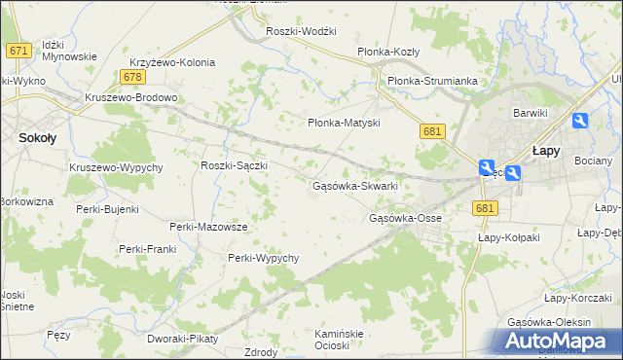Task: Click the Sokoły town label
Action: click(x=36, y=138)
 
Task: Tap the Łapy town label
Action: click(x=543, y=151)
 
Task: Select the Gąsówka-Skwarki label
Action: click(x=354, y=185)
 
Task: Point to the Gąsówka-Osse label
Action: click(x=405, y=218)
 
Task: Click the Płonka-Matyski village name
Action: click(x=343, y=124)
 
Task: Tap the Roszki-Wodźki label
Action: click(x=301, y=31)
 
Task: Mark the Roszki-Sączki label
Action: click(x=234, y=165)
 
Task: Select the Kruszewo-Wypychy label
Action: click(x=115, y=167)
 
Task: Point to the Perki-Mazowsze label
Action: click(x=208, y=227)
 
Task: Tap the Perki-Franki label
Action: click(x=147, y=249)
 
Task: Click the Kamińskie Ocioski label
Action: click(x=339, y=340)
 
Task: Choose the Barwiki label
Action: click(x=531, y=113)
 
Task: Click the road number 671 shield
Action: click(x=17, y=50)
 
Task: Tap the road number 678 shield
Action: click(x=133, y=77)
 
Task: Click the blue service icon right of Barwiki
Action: click(x=580, y=121)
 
